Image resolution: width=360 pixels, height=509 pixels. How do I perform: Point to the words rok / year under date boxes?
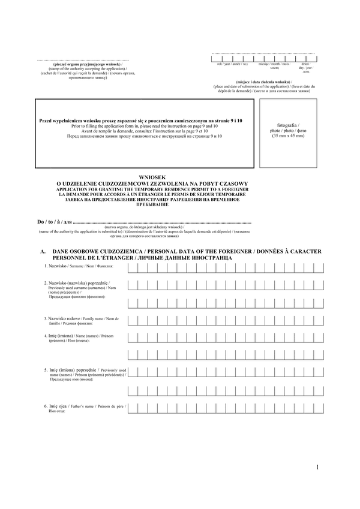(x=224, y=63)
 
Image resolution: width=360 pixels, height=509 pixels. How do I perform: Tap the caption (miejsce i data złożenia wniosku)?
(x=263, y=81)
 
